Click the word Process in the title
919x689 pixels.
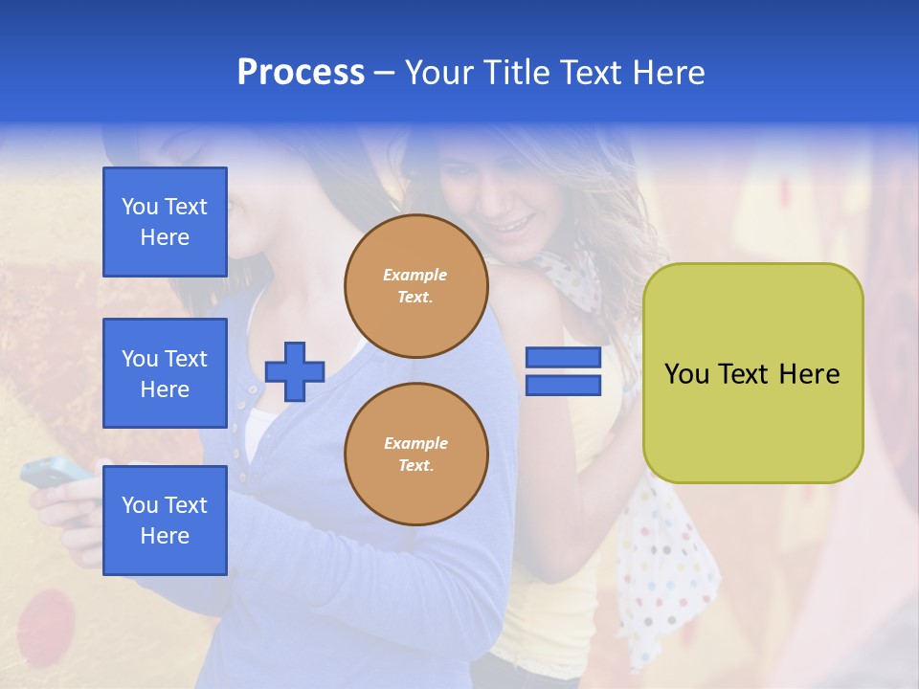coord(301,73)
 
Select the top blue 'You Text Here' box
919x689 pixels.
coord(165,222)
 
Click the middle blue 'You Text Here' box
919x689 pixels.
coord(165,373)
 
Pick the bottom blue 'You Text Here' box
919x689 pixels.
coord(165,520)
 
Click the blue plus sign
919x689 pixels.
coord(295,371)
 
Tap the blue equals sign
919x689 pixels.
coord(563,371)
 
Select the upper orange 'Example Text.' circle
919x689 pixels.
coord(416,286)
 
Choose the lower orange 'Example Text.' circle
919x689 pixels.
coord(416,455)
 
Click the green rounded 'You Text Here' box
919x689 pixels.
coord(753,373)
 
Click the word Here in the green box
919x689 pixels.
coord(809,374)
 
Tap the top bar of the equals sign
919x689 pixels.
coord(563,358)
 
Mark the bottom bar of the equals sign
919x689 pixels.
coord(563,385)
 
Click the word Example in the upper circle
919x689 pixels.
coord(415,275)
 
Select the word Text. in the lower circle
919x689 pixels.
coord(415,466)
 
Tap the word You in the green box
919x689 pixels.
coord(686,374)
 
